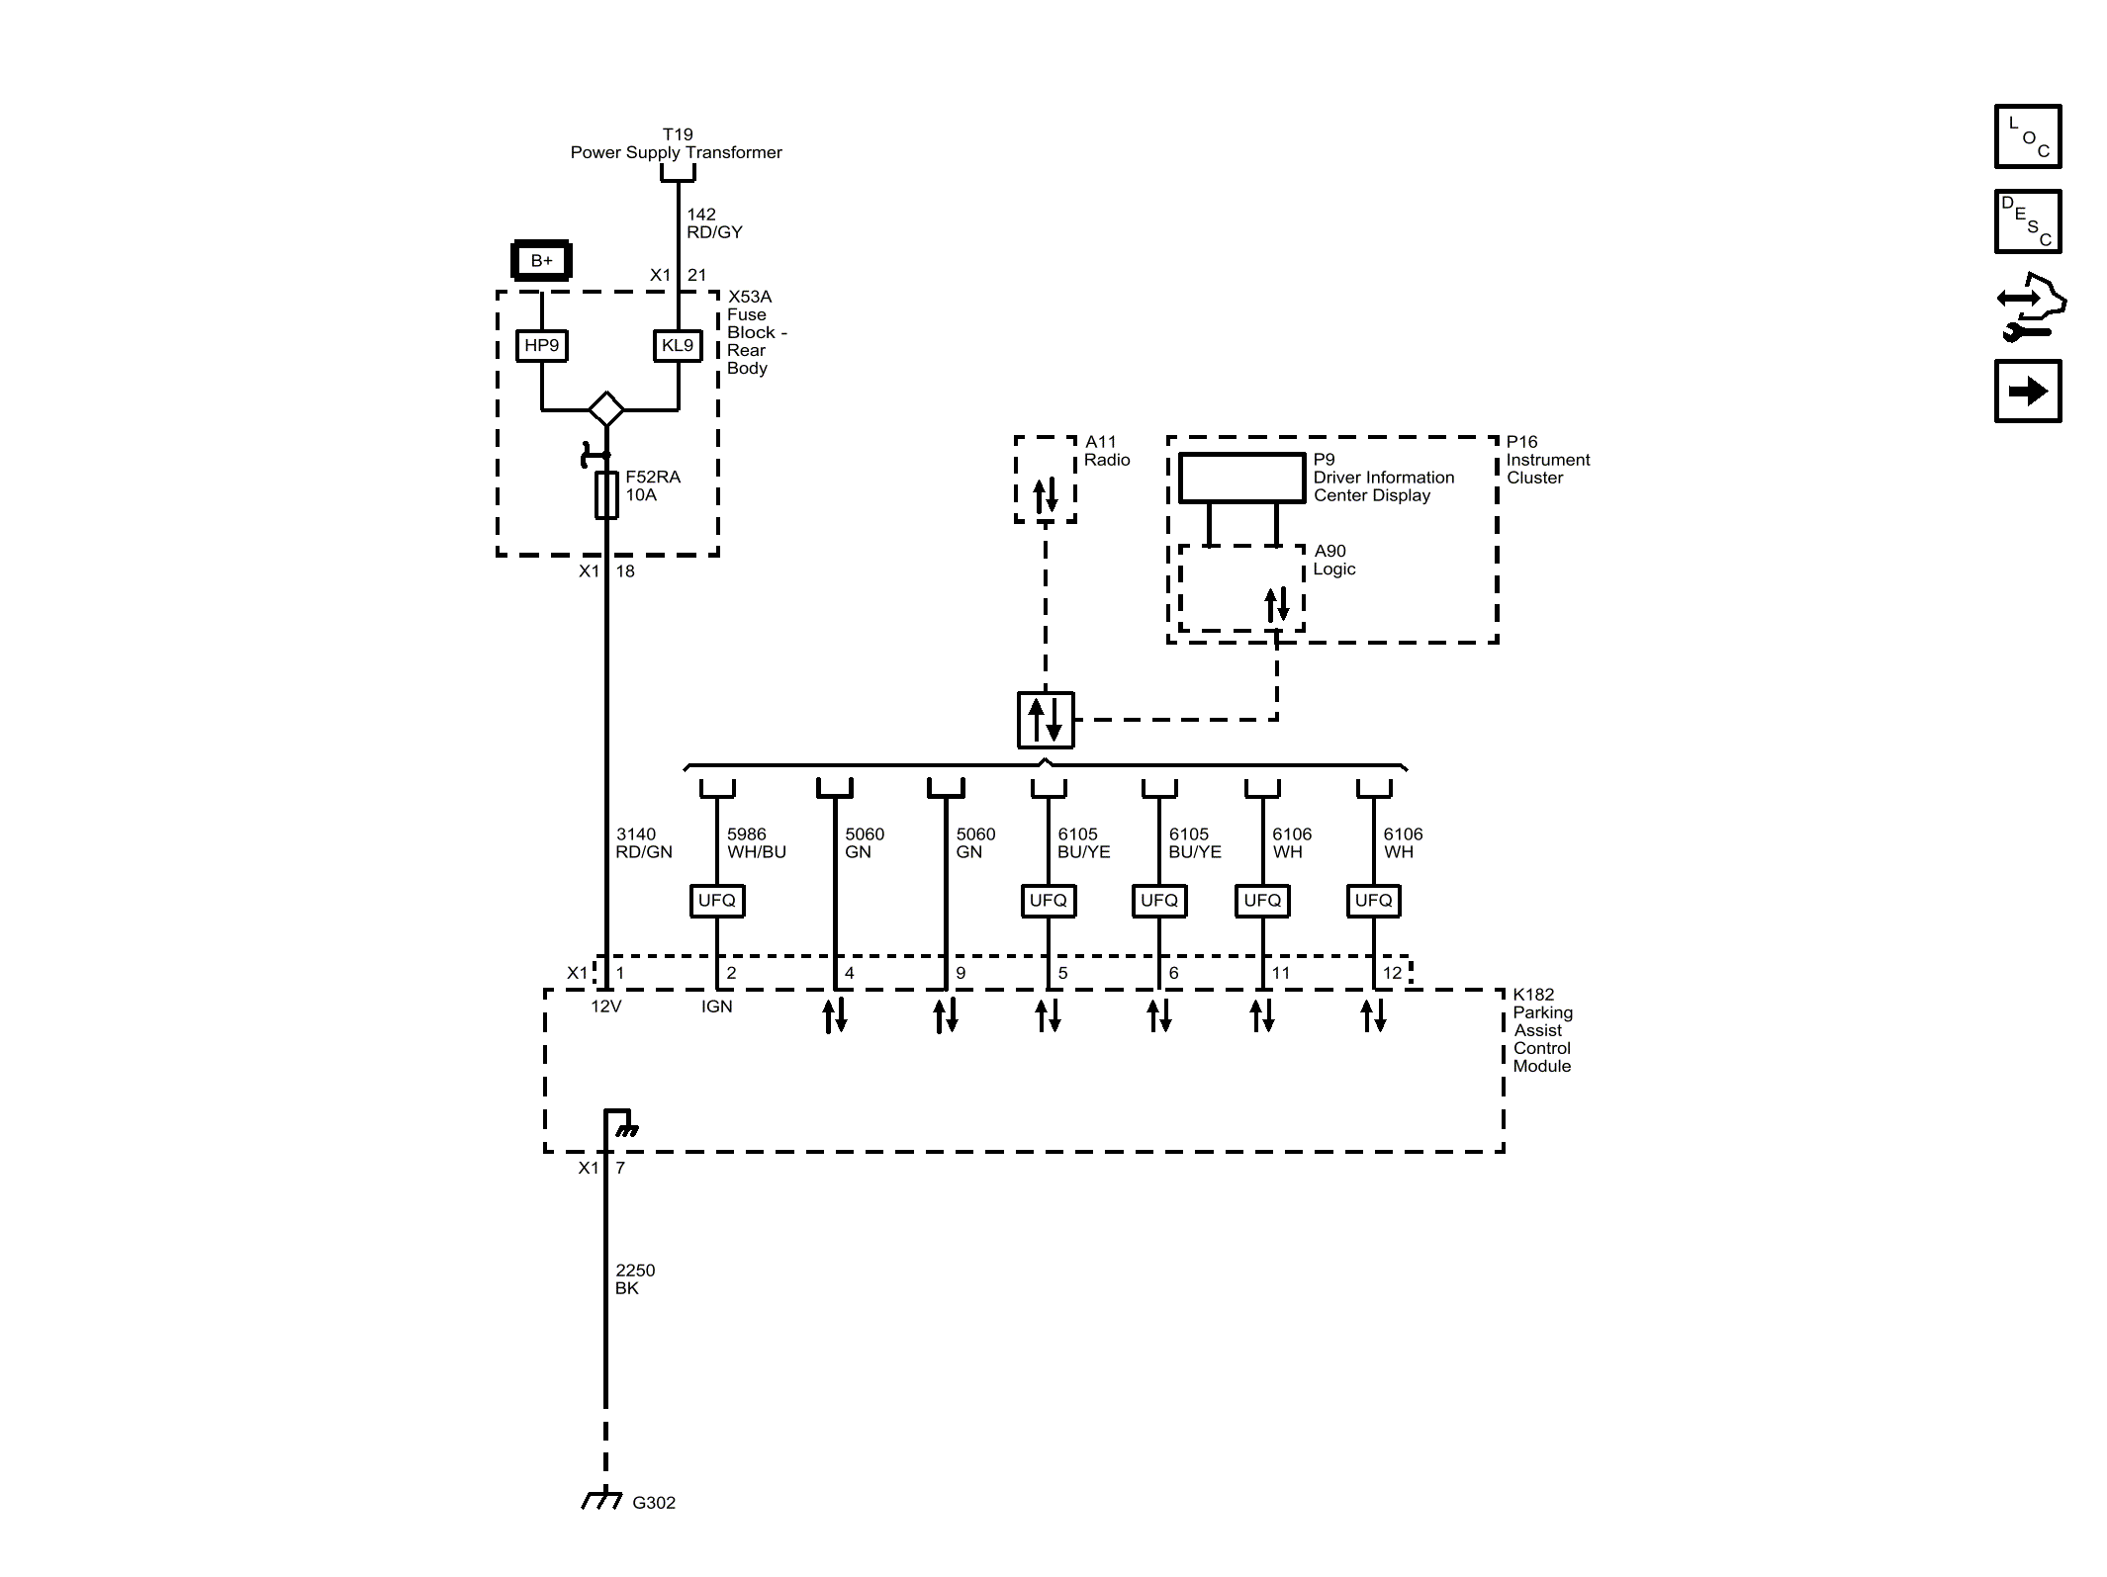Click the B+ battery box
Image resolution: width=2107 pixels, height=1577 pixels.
(x=541, y=261)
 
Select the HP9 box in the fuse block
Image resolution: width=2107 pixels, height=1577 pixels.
(x=541, y=345)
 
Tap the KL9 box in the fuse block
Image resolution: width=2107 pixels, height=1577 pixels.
(x=678, y=345)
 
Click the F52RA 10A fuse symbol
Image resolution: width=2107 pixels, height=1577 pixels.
(x=606, y=494)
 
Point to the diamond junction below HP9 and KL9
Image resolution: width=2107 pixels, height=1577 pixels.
(x=605, y=408)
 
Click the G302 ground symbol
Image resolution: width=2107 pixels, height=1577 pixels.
(x=601, y=1500)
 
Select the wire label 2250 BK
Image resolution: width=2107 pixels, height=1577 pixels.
(x=634, y=1279)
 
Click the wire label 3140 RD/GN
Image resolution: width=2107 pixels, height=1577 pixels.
(x=643, y=842)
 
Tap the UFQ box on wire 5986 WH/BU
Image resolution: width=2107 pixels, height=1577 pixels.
(x=716, y=901)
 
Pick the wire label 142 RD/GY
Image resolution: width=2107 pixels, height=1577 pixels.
(x=713, y=223)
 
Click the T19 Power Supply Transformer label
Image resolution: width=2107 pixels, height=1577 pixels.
(x=677, y=143)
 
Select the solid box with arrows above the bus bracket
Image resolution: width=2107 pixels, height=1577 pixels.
(x=1045, y=720)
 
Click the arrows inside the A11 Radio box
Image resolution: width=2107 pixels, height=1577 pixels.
(x=1046, y=495)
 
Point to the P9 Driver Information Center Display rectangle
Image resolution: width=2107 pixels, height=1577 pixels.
(x=1241, y=478)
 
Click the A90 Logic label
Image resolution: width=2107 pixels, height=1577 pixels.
(x=1333, y=560)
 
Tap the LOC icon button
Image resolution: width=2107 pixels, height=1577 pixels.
(x=2027, y=136)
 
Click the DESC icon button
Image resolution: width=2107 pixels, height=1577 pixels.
(x=2027, y=221)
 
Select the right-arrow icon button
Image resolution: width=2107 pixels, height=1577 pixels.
(x=2027, y=392)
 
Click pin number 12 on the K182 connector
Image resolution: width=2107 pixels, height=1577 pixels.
(x=1392, y=973)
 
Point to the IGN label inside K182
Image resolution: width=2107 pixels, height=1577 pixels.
(x=716, y=1007)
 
